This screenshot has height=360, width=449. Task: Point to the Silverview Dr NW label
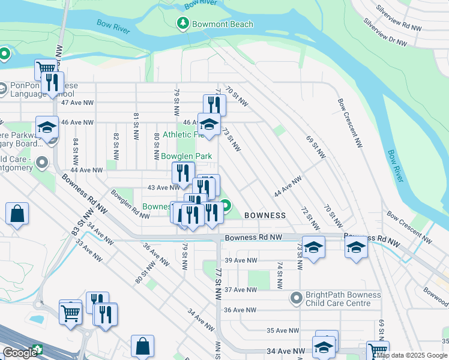[x=385, y=32]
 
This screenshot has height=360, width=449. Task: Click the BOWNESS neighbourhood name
[x=265, y=215]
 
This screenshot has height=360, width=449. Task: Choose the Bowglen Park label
[x=187, y=156]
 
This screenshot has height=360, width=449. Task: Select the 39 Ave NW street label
[x=241, y=260]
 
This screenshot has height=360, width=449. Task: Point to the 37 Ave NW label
[x=240, y=289]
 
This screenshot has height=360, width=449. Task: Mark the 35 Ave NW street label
[x=282, y=331]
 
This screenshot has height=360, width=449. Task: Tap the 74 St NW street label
[x=279, y=273]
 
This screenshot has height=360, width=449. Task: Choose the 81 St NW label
[x=137, y=124]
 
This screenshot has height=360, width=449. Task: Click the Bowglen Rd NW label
[x=130, y=205]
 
